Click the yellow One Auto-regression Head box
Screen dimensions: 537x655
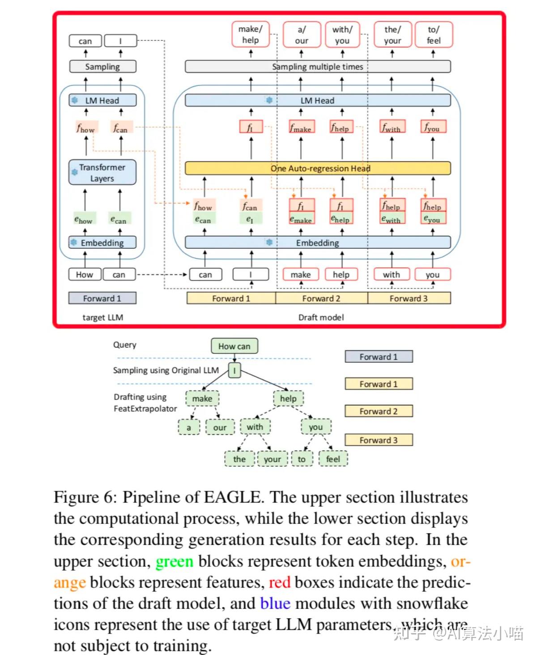(x=317, y=168)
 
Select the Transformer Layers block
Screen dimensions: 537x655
(x=102, y=172)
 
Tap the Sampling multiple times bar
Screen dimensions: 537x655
(x=317, y=67)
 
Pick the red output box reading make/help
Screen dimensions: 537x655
(x=250, y=34)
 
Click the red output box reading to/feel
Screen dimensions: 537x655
(x=434, y=34)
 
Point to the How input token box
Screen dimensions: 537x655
(x=85, y=275)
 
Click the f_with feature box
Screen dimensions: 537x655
(x=392, y=127)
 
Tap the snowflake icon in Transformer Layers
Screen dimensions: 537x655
(x=75, y=172)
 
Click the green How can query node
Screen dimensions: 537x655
(x=234, y=346)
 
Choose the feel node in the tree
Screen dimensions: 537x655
(x=333, y=459)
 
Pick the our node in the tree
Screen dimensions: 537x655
(x=220, y=427)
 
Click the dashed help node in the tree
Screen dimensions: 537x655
(x=288, y=399)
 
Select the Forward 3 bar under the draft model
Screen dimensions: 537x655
(x=409, y=298)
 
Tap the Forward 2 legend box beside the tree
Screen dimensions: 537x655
(x=379, y=411)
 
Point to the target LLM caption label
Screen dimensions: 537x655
(x=103, y=317)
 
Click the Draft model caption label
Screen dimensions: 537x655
(x=321, y=317)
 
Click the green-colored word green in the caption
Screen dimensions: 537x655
(x=175, y=561)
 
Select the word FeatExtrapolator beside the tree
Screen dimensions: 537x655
(x=145, y=409)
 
